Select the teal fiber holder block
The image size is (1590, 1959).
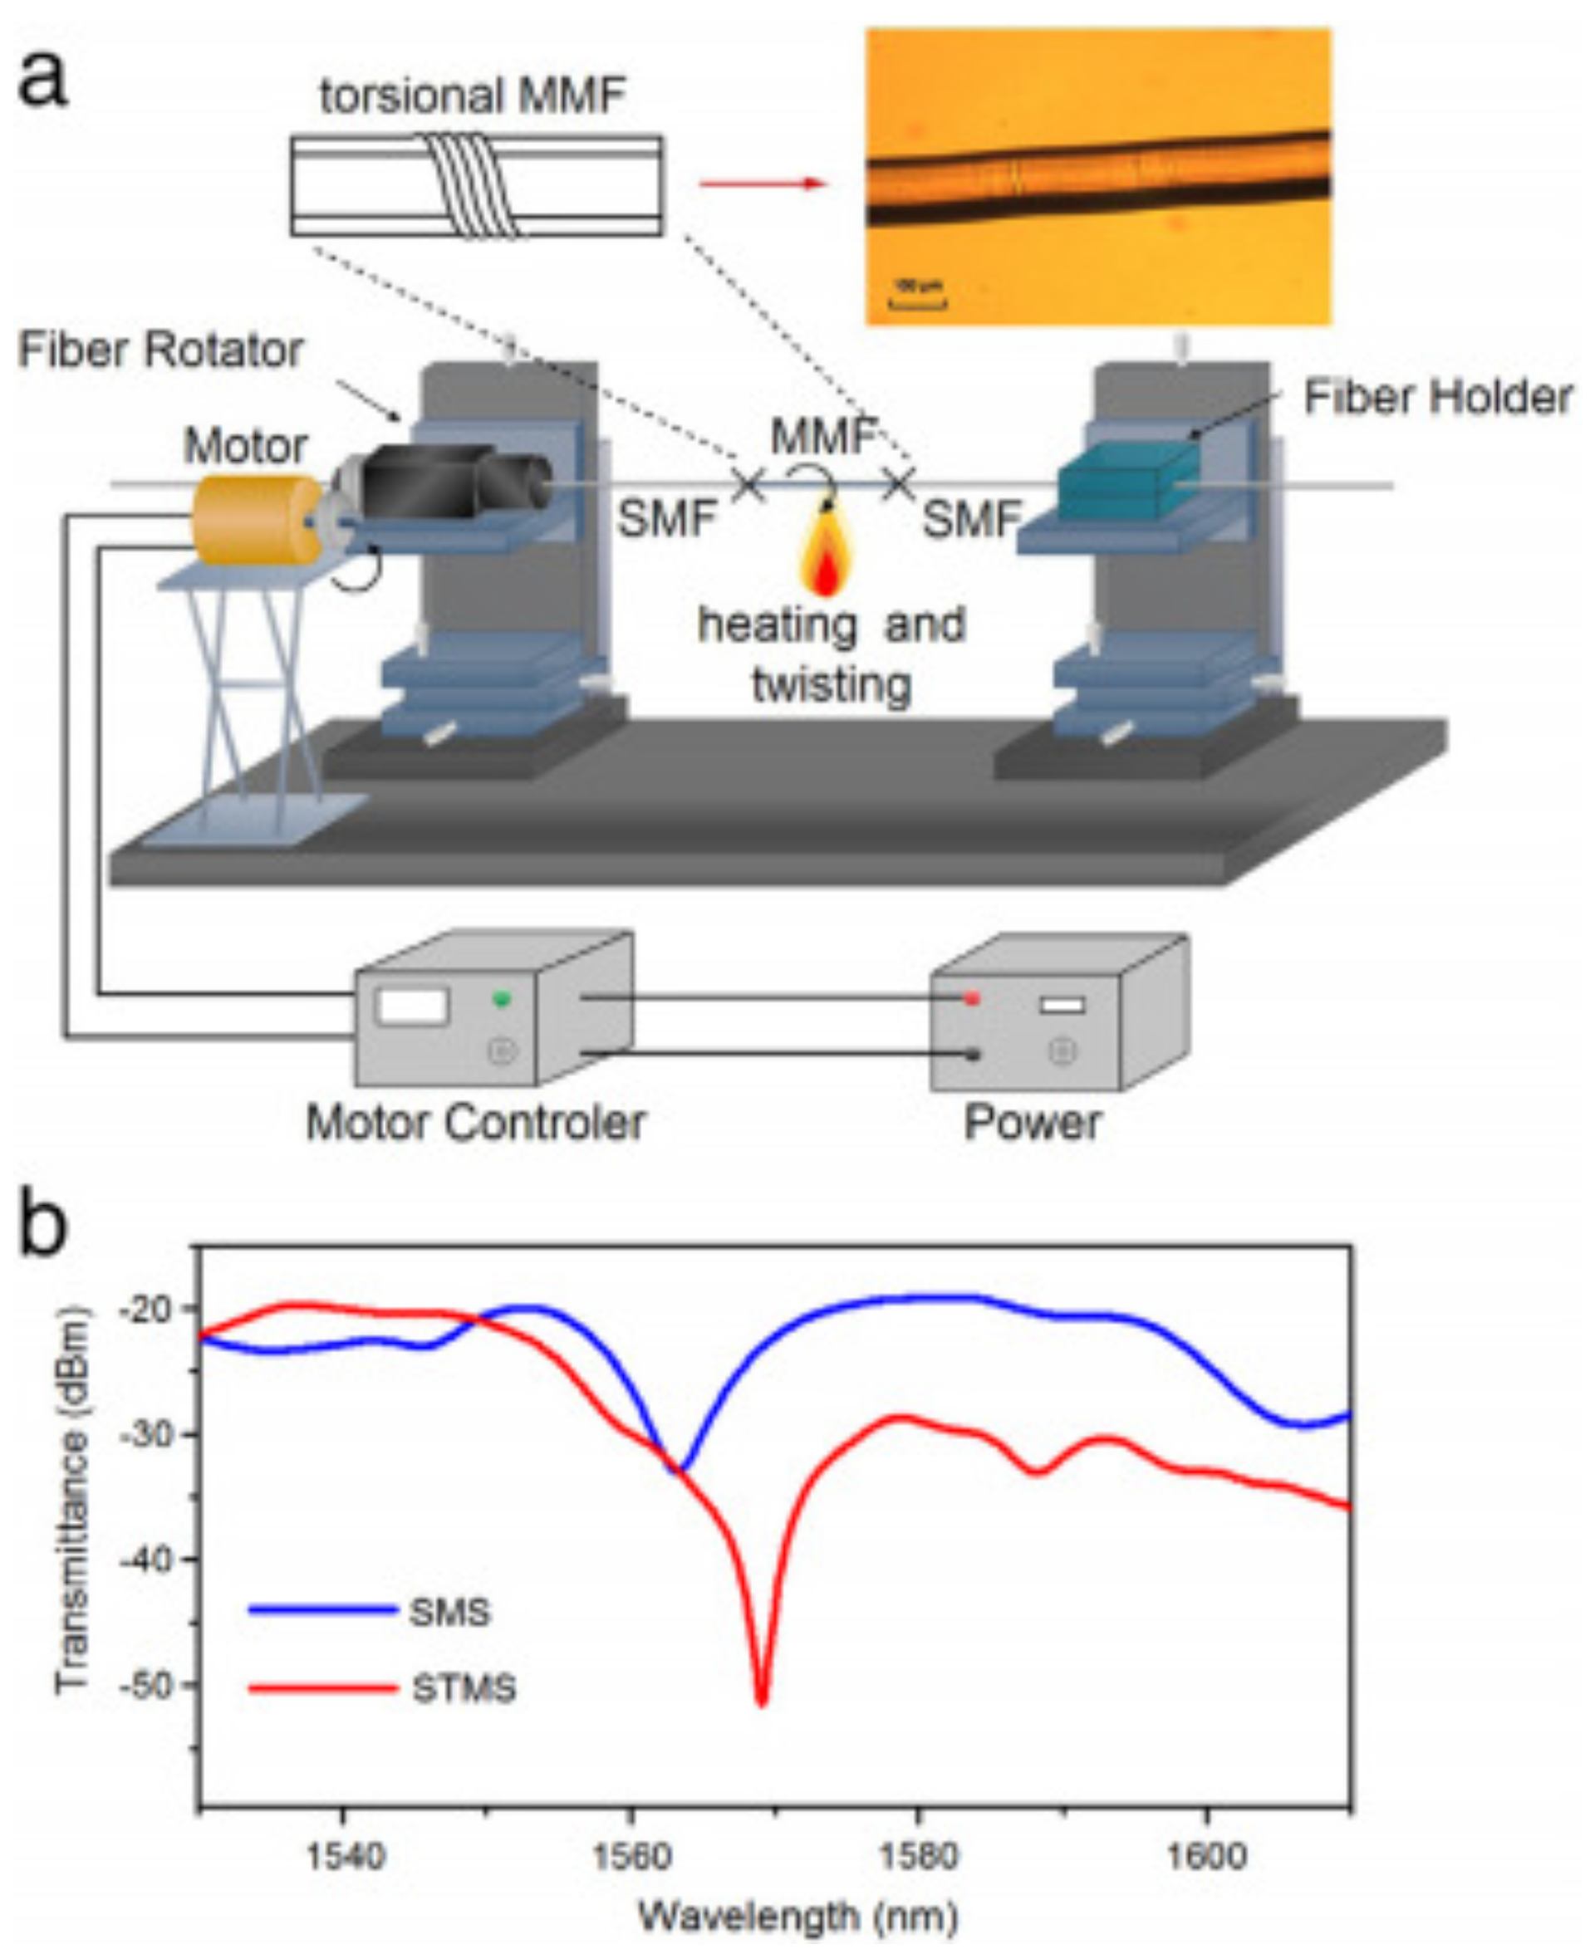tap(1127, 480)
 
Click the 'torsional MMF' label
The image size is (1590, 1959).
tap(473, 96)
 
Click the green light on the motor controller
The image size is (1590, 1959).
tap(500, 998)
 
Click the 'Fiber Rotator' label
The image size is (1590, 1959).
tap(160, 350)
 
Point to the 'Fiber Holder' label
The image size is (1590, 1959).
tap(1437, 397)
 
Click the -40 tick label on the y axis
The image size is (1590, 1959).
tap(146, 1560)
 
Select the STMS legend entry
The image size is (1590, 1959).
tap(464, 1687)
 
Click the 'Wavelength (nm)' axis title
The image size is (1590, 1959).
tap(797, 1915)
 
